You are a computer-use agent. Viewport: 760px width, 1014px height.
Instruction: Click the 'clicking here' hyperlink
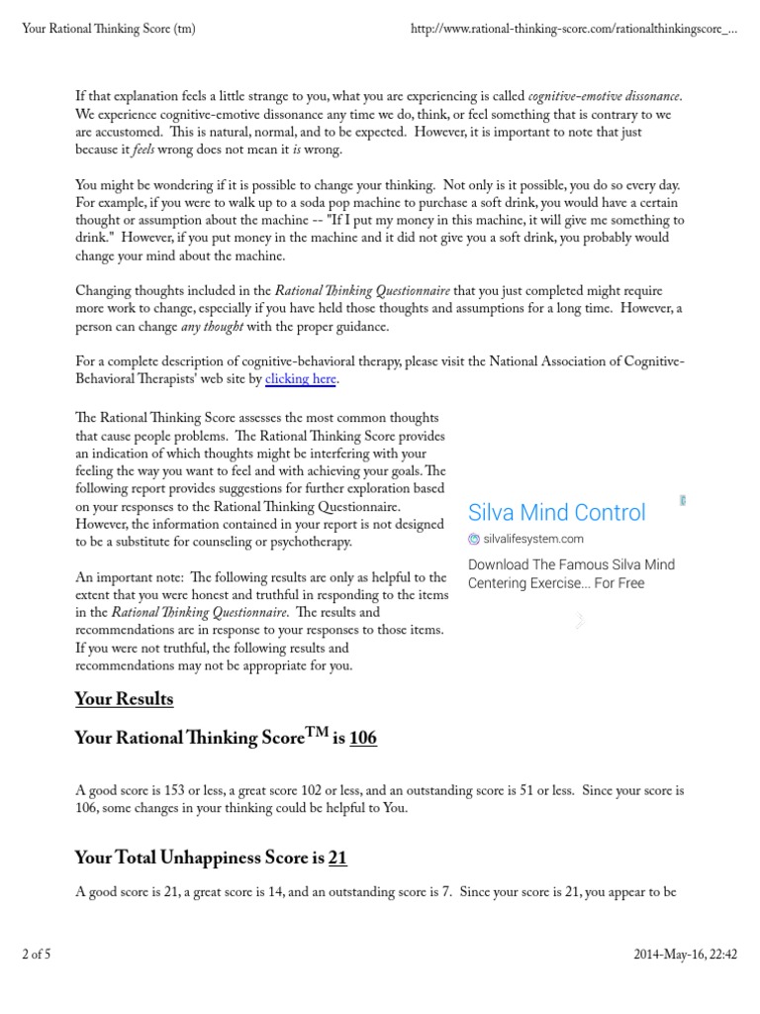(x=302, y=379)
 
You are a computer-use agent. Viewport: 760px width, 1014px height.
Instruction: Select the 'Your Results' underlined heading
(x=124, y=699)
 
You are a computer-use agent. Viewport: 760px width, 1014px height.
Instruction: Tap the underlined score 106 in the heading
(x=362, y=739)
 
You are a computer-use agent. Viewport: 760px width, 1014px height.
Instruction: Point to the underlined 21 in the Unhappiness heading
(x=337, y=859)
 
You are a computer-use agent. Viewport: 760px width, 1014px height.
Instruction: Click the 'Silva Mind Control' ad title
(x=556, y=513)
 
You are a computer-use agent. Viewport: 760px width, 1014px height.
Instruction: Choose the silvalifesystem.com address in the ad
(x=533, y=540)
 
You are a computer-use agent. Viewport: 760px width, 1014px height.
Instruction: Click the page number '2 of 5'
(x=36, y=955)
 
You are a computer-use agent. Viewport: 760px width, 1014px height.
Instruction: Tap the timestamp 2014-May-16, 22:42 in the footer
(x=685, y=955)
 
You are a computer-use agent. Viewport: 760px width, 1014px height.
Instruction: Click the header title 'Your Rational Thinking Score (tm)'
(x=108, y=29)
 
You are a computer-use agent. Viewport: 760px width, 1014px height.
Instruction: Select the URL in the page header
(x=573, y=29)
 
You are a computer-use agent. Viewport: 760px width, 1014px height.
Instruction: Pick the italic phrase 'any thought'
(x=212, y=328)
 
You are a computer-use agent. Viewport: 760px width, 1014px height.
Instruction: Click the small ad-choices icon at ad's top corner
(x=683, y=500)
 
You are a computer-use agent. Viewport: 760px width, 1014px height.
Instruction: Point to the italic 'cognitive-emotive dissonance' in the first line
(x=605, y=96)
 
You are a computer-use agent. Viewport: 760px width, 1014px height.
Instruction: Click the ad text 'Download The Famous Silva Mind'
(x=571, y=565)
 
